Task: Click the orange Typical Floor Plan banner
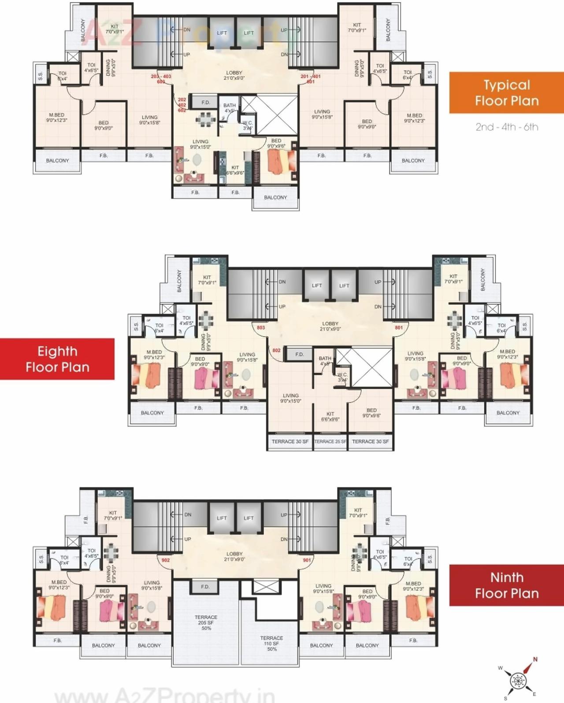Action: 506,93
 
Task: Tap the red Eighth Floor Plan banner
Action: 57,359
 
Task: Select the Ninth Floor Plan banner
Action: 506,585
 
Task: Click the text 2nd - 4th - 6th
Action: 507,127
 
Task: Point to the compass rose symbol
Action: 518,681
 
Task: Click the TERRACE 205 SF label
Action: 206,622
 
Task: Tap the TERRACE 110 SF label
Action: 271,643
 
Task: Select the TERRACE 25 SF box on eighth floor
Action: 330,442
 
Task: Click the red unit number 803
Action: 261,328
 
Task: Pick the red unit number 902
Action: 165,560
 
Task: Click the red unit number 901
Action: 307,560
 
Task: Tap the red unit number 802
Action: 276,350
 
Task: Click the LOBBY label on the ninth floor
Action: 234,556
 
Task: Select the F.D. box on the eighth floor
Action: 299,354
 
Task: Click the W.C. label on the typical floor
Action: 248,125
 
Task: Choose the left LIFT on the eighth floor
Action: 317,286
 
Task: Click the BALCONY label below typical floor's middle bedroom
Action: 275,197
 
